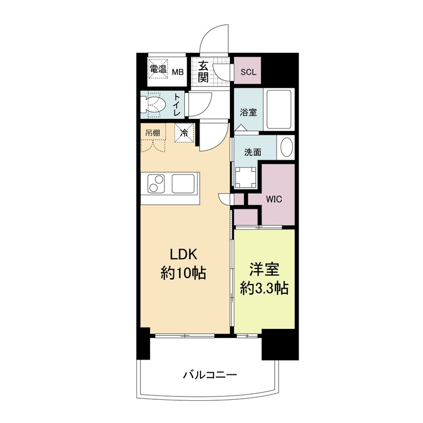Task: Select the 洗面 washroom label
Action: [252, 152]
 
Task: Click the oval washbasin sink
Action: [286, 148]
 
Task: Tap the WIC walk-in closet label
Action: [273, 200]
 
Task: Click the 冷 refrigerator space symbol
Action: [185, 132]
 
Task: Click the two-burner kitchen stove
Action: [155, 183]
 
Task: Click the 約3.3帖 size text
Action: [264, 289]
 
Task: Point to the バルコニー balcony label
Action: [210, 375]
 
